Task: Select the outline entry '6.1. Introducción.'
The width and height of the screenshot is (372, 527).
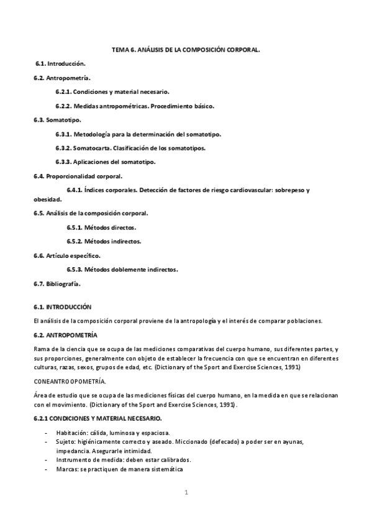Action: [60, 64]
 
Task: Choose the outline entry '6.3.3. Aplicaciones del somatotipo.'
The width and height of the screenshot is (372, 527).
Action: [105, 162]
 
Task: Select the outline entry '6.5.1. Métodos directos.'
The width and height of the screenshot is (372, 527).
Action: [101, 227]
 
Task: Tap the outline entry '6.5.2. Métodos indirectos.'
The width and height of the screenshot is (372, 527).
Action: [104, 241]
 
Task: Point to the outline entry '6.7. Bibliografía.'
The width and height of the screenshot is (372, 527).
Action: [57, 284]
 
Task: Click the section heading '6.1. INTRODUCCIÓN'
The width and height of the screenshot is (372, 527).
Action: [62, 307]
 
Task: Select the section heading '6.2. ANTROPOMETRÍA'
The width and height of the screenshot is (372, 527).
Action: [63, 335]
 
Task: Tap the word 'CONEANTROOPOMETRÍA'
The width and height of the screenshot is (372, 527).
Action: [70, 381]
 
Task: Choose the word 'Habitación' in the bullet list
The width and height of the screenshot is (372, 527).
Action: [71, 433]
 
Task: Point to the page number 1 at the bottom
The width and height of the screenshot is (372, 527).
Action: [186, 493]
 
